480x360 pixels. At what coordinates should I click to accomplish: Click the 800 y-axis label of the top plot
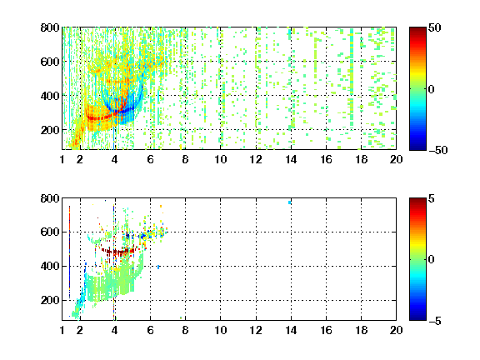[50, 27]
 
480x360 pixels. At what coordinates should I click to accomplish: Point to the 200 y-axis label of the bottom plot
[50, 300]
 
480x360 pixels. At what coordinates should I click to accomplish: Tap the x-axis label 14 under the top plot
[291, 159]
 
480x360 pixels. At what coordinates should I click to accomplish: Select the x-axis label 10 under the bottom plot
[220, 330]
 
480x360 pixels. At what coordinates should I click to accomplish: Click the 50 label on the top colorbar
[435, 27]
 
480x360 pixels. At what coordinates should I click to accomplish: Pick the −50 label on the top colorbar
[437, 150]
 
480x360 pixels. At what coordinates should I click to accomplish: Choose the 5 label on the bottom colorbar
[432, 198]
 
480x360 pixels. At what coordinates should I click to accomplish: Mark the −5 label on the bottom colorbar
[435, 321]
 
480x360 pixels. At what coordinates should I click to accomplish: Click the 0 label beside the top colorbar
[432, 89]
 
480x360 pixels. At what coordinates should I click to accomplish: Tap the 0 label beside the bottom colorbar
[432, 260]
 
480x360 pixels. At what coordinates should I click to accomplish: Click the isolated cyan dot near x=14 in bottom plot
[290, 202]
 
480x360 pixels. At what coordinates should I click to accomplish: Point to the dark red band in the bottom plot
[119, 252]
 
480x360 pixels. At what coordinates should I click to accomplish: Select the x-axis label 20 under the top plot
[396, 159]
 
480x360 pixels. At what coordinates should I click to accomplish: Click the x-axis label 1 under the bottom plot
[62, 330]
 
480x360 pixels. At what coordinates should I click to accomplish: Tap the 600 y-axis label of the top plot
[50, 62]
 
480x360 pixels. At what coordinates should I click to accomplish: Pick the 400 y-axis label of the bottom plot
[50, 266]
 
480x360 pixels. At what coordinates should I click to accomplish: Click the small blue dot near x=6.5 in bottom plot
[158, 267]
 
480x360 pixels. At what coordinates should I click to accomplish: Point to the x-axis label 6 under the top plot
[150, 159]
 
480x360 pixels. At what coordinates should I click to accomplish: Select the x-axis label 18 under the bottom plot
[361, 330]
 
